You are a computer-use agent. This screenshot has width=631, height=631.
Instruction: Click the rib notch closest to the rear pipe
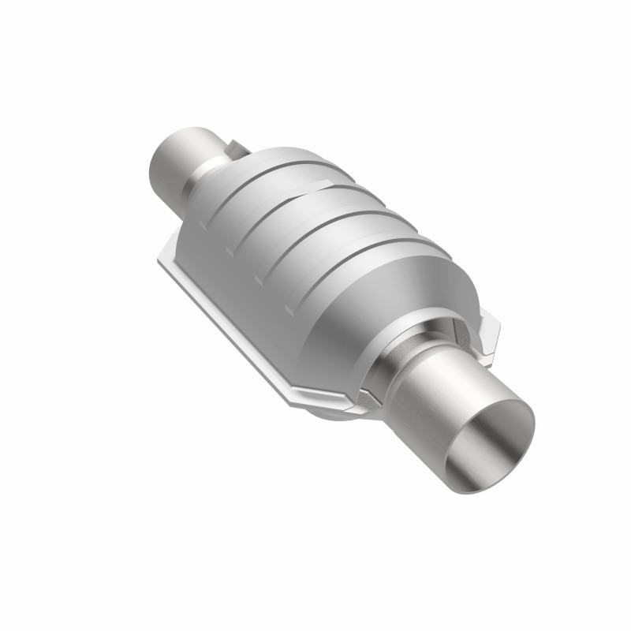coord(203,224)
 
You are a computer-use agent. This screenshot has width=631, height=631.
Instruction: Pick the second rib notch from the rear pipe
coord(230,252)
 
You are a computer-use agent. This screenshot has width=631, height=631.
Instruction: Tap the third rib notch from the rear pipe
coord(257,279)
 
